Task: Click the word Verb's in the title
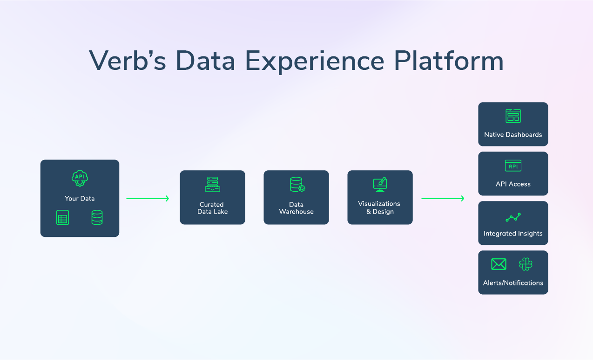pyautogui.click(x=127, y=60)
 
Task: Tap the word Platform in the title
pyautogui.click(x=449, y=60)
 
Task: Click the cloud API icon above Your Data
pyautogui.click(x=80, y=178)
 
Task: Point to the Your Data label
pyautogui.click(x=80, y=198)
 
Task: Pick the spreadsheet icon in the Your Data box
pyautogui.click(x=63, y=218)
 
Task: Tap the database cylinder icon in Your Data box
pyautogui.click(x=97, y=218)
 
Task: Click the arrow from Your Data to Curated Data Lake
pyautogui.click(x=148, y=199)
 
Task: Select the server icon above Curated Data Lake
pyautogui.click(x=212, y=184)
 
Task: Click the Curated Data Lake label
pyautogui.click(x=212, y=208)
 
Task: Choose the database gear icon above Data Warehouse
pyautogui.click(x=296, y=184)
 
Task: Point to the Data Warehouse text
pyautogui.click(x=296, y=208)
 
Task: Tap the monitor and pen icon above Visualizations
pyautogui.click(x=380, y=184)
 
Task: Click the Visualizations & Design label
pyautogui.click(x=379, y=208)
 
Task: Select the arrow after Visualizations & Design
pyautogui.click(x=443, y=199)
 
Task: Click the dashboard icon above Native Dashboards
pyautogui.click(x=513, y=116)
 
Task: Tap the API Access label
pyautogui.click(x=513, y=184)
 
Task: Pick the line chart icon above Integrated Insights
pyautogui.click(x=513, y=217)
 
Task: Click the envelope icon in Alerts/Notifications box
pyautogui.click(x=499, y=264)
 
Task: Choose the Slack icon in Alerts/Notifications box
pyautogui.click(x=526, y=264)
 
